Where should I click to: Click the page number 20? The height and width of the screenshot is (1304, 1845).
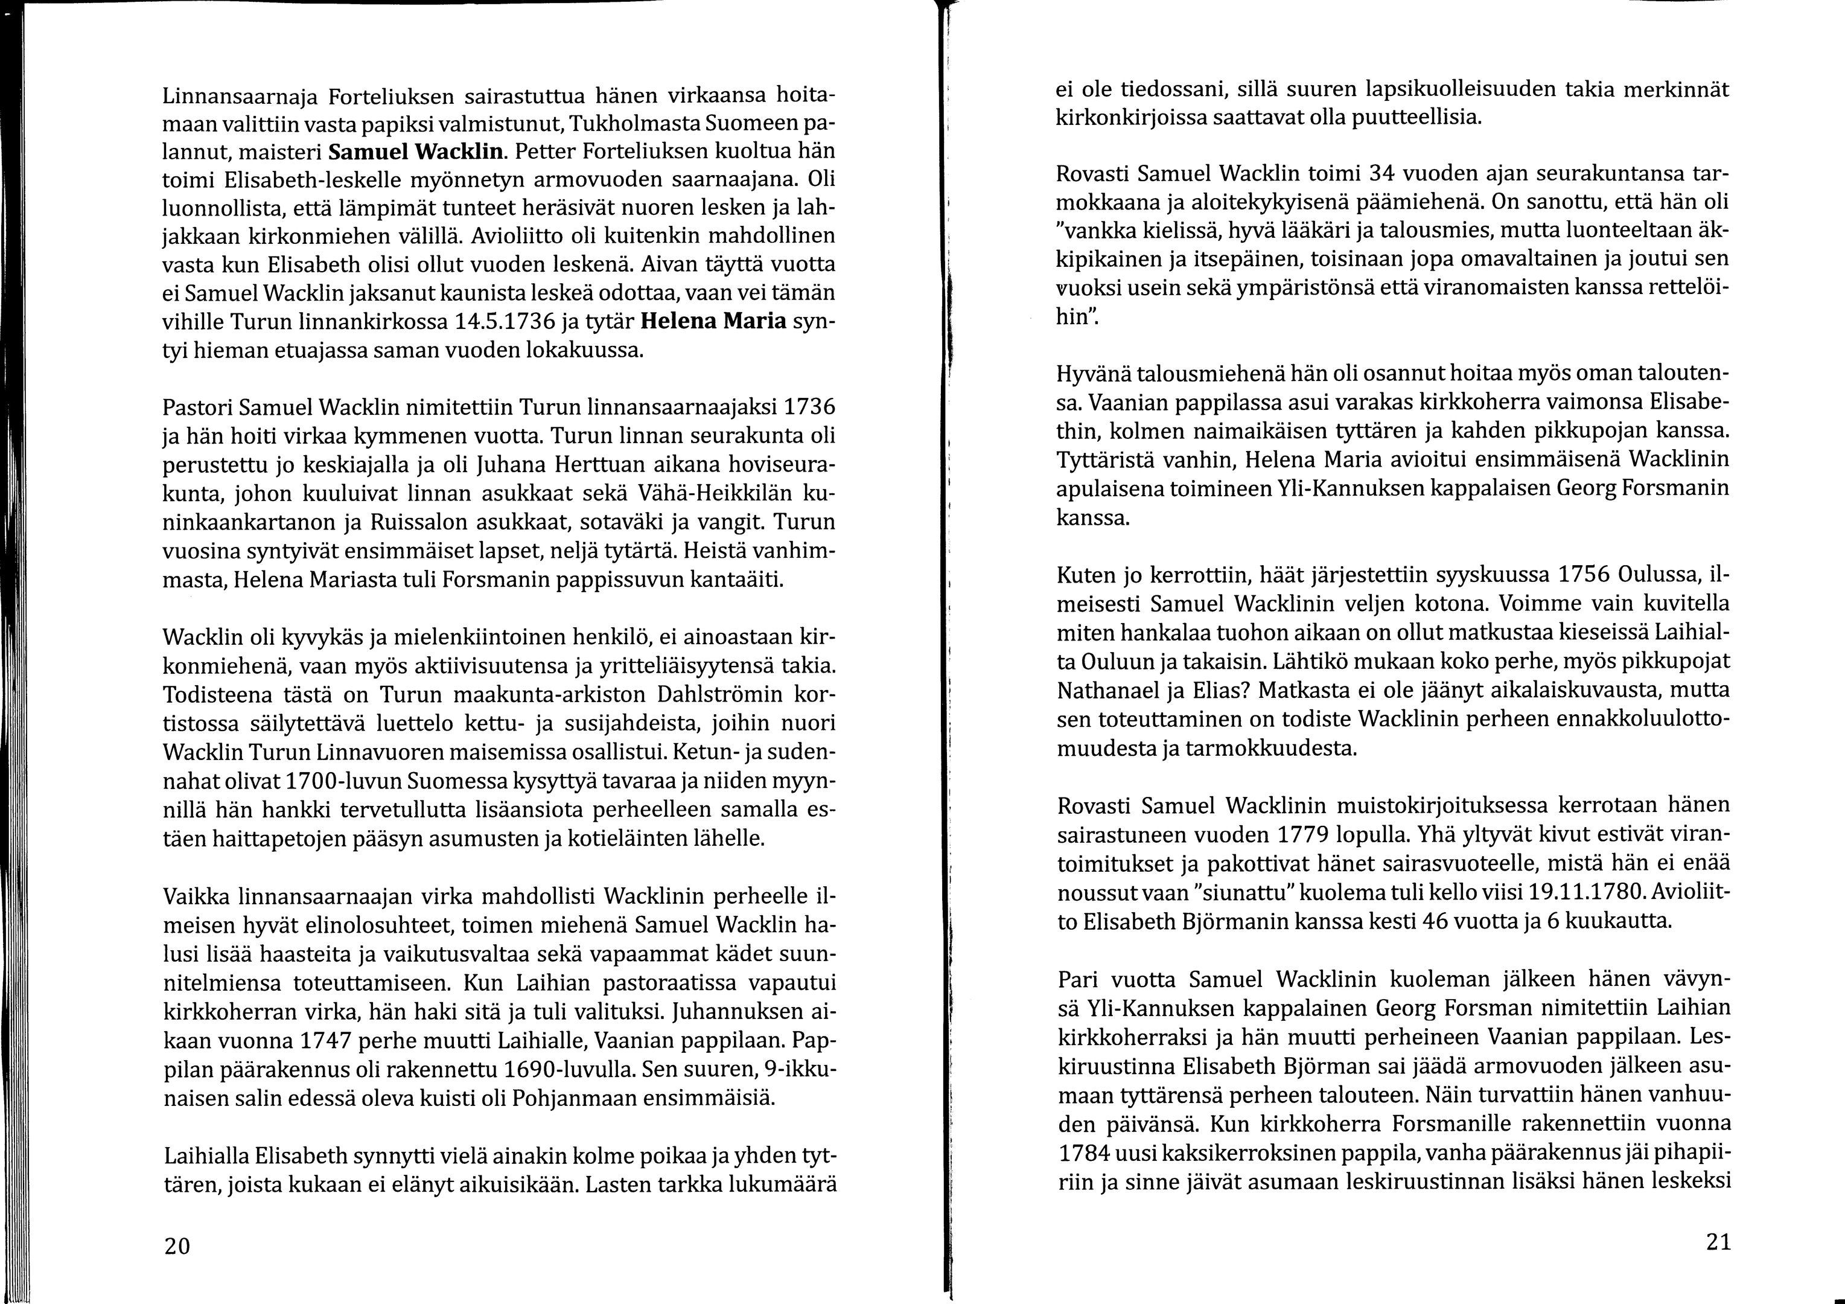pos(177,1247)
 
